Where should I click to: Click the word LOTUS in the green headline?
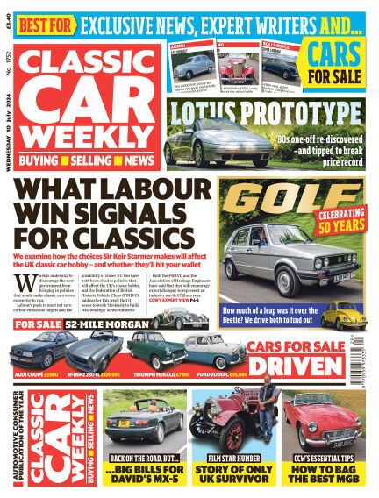[209, 112]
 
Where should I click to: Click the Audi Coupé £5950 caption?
[37, 373]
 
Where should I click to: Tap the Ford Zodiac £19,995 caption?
[212, 373]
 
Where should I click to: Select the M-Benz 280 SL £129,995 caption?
[97, 373]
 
